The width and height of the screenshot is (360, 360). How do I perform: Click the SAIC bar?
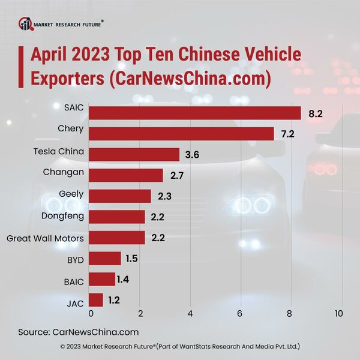[194, 113]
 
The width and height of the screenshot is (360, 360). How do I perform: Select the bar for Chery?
[181, 134]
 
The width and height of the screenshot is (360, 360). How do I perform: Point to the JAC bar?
[95, 299]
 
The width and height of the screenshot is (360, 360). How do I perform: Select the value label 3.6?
[192, 154]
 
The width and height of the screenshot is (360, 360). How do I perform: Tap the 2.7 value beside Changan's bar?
[176, 175]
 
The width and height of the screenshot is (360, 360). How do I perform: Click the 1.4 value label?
[127, 279]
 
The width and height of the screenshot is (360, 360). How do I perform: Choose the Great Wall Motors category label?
[45, 238]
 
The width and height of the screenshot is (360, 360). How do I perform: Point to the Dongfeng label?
[63, 217]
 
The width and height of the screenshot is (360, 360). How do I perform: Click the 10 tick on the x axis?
[338, 314]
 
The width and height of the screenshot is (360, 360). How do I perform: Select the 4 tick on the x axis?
[190, 314]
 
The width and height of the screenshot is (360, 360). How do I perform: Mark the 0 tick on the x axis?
[91, 314]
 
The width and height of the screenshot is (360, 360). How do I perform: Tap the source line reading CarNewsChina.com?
[79, 332]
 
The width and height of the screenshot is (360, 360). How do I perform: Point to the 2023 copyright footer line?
[180, 347]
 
